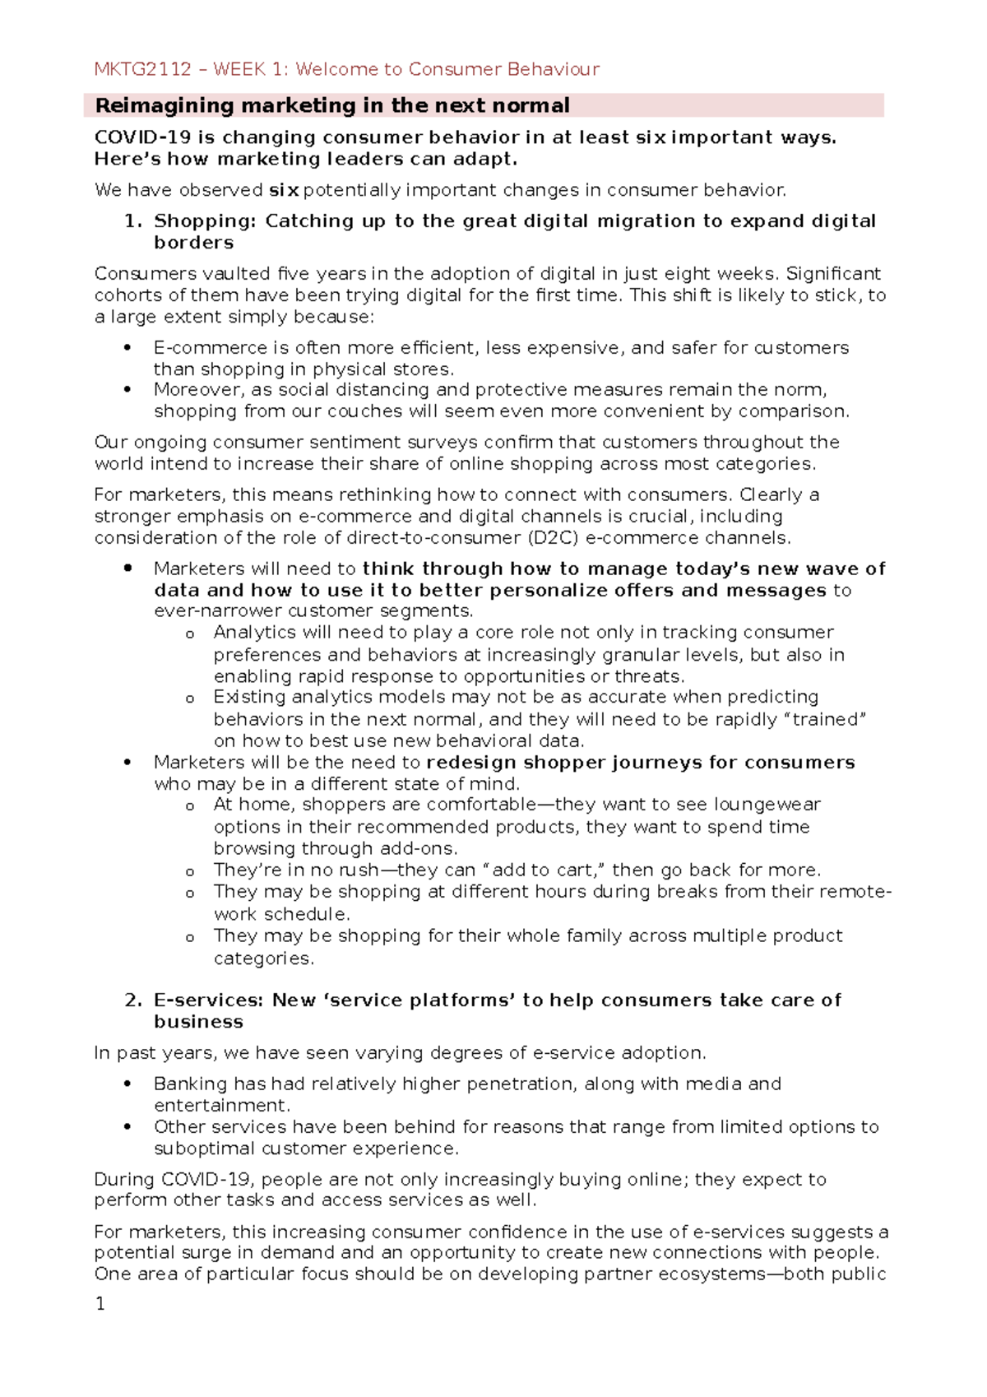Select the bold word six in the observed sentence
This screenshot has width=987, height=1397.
coord(284,191)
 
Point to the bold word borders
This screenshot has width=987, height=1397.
coord(193,243)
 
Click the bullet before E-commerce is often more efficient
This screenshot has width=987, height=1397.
coord(127,348)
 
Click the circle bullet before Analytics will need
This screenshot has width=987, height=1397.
coord(190,634)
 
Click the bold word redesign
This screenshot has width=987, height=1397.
coord(471,763)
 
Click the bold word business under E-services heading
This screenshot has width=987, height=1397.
coord(198,1022)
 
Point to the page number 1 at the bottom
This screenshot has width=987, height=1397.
coord(100,1304)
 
